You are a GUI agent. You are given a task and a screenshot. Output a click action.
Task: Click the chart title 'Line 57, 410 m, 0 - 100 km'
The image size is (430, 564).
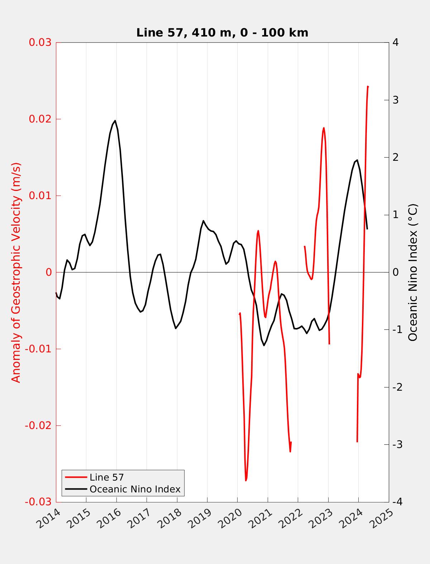[x=222, y=33]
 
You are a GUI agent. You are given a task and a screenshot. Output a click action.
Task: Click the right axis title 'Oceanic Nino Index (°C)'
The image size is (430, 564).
[x=413, y=272]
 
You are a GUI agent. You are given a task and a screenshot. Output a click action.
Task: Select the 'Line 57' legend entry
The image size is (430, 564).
[x=106, y=477]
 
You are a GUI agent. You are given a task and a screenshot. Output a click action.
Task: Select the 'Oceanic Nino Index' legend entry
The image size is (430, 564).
[x=135, y=489]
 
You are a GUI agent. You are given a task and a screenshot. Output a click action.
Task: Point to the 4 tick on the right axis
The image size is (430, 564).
[x=396, y=42]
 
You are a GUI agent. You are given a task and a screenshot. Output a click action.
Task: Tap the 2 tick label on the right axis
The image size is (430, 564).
[x=396, y=157]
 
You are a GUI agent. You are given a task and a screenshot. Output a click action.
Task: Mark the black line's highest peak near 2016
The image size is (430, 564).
[x=115, y=121]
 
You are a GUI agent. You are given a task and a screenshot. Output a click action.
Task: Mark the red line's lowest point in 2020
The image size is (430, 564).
[x=246, y=481]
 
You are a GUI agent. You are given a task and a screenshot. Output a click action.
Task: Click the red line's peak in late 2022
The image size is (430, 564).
[x=324, y=128]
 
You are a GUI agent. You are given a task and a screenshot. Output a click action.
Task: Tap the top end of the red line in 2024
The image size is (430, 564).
[x=368, y=87]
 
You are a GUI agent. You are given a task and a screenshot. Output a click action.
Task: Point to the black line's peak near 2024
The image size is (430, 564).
[x=357, y=160]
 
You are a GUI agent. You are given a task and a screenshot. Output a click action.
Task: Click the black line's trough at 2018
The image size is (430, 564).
[x=176, y=328]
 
